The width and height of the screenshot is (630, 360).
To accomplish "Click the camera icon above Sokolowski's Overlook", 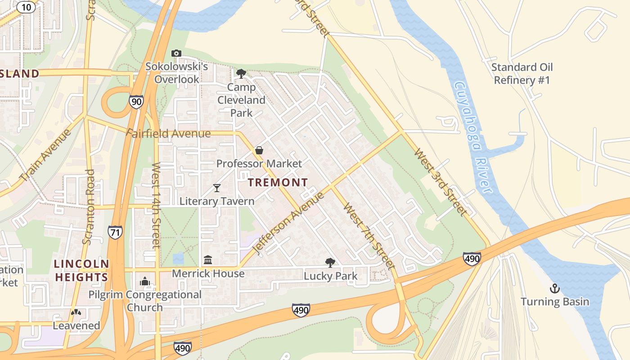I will [x=176, y=54].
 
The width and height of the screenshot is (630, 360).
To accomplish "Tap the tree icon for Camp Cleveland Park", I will [x=241, y=73].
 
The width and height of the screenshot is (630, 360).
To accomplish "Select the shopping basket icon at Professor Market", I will [x=259, y=150].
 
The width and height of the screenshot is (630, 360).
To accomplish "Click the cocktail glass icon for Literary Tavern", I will [x=217, y=188].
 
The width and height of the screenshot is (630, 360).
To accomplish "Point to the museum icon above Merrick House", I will [x=208, y=260].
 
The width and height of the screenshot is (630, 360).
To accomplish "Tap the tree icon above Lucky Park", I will [x=330, y=263].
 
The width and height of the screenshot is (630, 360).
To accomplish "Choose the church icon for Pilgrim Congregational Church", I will [x=144, y=281].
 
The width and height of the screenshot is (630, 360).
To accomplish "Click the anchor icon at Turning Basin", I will [x=555, y=288].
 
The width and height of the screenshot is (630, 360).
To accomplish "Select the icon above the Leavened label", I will [x=76, y=312].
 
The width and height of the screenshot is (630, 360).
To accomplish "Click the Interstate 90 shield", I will [x=136, y=101].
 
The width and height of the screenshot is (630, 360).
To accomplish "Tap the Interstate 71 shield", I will [x=115, y=232].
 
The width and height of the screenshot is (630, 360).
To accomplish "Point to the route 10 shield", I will [x=27, y=7].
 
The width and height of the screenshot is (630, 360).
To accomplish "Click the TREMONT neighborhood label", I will [x=278, y=182].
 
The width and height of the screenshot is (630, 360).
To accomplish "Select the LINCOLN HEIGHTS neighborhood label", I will [x=81, y=270].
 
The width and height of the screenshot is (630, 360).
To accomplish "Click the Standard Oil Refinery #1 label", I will [x=522, y=74].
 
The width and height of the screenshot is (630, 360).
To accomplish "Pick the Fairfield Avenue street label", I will [x=168, y=134].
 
